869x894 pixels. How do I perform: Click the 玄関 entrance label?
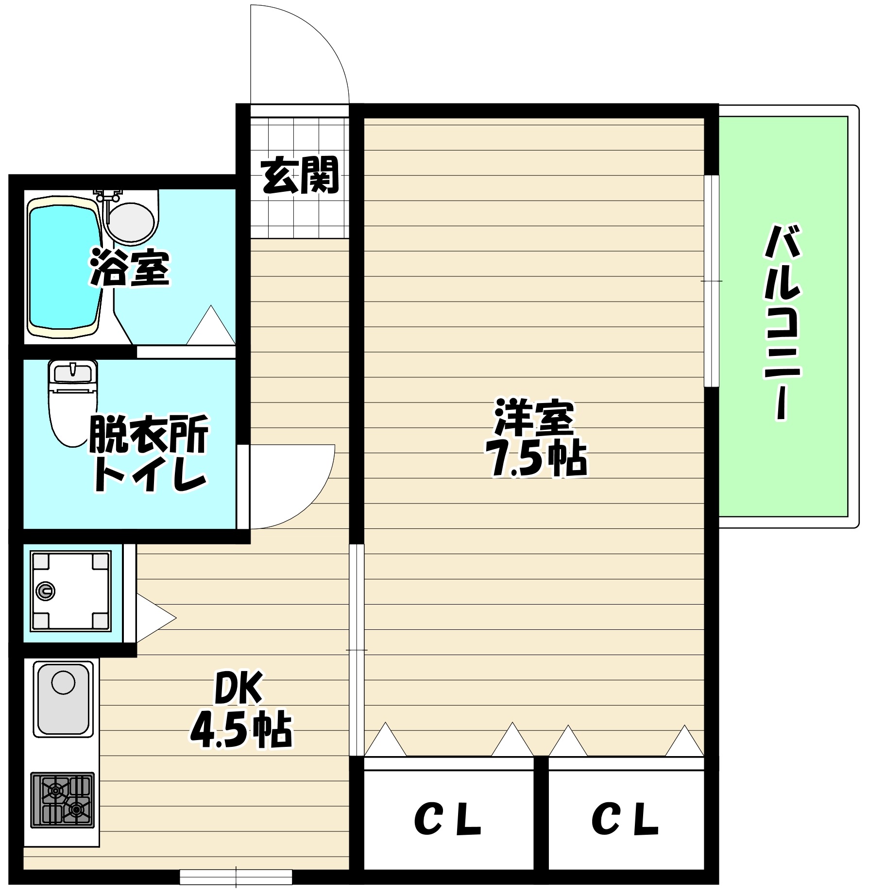[x=299, y=175]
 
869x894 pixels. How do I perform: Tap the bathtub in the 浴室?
[x=63, y=267]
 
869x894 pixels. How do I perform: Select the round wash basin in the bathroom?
[x=130, y=221]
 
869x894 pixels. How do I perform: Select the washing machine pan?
[x=70, y=591]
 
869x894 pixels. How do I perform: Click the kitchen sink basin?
[x=63, y=700]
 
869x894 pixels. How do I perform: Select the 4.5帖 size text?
[x=240, y=731]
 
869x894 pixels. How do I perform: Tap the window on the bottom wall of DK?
[x=236, y=877]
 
